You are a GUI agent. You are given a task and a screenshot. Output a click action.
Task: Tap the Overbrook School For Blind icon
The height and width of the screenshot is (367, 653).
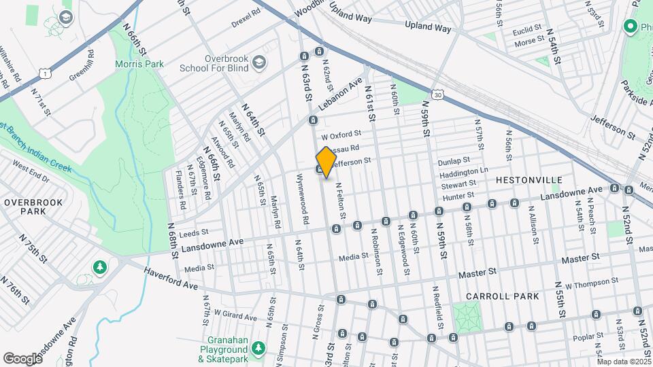coord(258,63)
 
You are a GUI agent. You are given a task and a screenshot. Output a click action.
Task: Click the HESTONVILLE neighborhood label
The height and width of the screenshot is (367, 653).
coord(529,179)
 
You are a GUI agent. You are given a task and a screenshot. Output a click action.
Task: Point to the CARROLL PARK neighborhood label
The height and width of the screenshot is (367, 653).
coord(502,296)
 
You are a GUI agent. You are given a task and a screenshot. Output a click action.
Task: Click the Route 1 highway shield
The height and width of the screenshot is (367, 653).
coord(45,72)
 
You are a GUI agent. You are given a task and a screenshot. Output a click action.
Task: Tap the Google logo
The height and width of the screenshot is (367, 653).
coord(22,358)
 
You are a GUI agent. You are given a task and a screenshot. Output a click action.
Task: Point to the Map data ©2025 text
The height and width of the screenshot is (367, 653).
coord(624,362)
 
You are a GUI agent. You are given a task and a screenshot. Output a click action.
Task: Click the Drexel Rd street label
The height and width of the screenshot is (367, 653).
coord(246,13)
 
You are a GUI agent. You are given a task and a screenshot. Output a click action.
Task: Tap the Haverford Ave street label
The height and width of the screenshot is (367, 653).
coord(170,277)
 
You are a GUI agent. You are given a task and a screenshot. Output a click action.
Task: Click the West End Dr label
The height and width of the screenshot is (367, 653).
coord(31,173)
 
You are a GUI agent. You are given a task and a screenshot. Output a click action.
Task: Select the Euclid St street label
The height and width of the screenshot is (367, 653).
coord(526,29)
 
